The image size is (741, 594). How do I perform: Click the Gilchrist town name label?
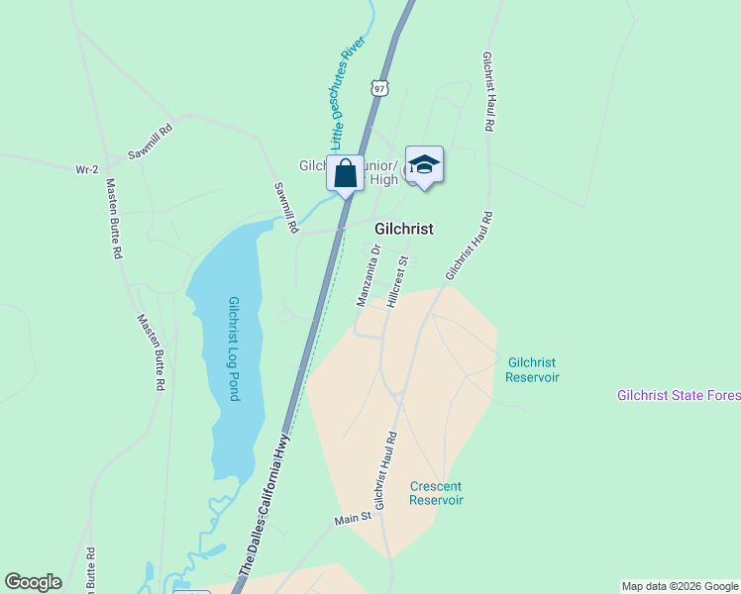[403, 229]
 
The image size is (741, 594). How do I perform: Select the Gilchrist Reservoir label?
[532, 370]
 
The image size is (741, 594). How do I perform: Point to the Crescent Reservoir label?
[436, 493]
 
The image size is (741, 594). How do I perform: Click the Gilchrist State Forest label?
[678, 396]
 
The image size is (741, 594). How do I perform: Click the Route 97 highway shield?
[378, 89]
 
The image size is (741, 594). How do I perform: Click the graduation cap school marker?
[424, 164]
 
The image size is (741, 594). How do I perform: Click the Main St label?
[353, 517]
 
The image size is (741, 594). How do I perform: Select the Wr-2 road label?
[87, 169]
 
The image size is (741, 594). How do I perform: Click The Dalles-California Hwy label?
[265, 507]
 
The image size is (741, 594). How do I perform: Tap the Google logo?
[33, 582]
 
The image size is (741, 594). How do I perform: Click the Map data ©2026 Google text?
[680, 586]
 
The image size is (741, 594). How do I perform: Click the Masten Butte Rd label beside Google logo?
[90, 569]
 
